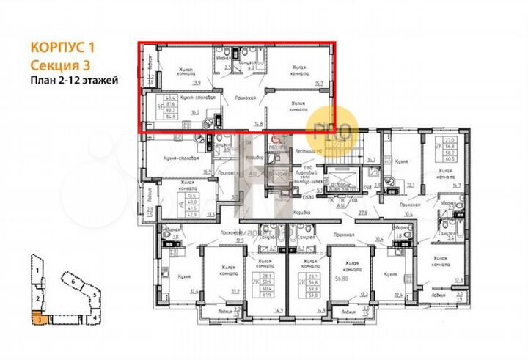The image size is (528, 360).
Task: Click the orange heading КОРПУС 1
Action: pos(63,46)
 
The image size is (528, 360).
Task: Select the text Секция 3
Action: pos(58,64)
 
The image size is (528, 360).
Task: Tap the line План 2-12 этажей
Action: pos(73,80)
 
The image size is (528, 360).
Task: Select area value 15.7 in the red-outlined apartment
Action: pos(319,84)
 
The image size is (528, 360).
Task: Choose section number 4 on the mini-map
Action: pos(96,317)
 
